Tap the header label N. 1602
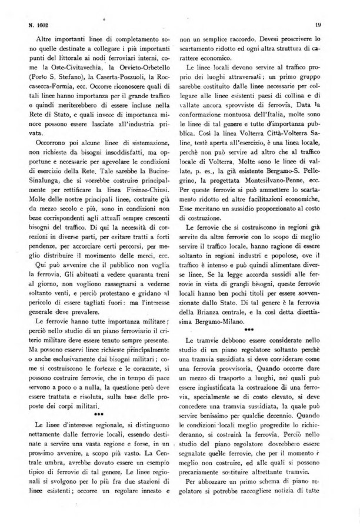(x=39, y=25)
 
